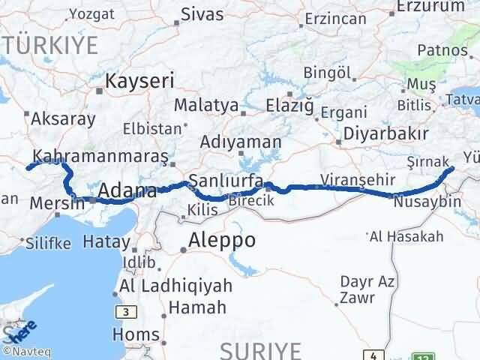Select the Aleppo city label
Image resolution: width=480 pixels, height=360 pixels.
[x=222, y=241]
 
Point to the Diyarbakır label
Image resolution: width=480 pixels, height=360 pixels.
[x=386, y=134]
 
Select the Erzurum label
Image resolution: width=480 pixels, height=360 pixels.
[x=424, y=6]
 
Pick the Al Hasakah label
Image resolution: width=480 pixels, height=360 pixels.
[x=406, y=237]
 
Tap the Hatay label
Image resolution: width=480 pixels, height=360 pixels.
[x=106, y=241]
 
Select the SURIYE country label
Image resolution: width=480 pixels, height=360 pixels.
[x=261, y=349]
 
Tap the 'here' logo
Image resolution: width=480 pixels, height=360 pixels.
[x=20, y=331]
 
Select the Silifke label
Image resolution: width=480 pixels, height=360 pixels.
[x=47, y=244]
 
